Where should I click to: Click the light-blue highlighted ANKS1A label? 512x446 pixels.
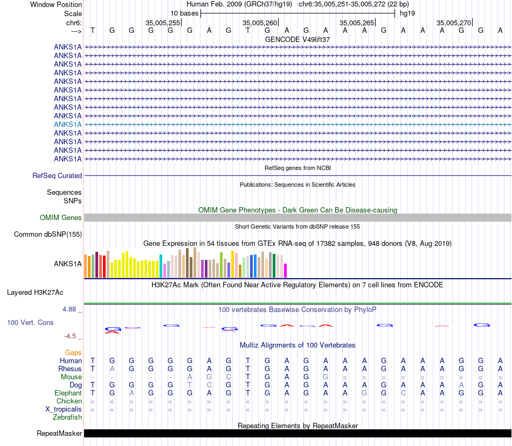click(x=68, y=124)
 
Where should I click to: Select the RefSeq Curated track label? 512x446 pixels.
click(x=57, y=175)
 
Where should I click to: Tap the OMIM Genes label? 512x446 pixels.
click(x=61, y=217)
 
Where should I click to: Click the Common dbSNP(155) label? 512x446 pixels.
click(x=48, y=234)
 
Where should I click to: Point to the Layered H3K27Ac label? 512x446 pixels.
click(x=35, y=293)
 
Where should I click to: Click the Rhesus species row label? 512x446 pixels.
click(x=70, y=369)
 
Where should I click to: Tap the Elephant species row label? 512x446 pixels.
click(x=68, y=393)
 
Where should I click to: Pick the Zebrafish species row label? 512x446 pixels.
click(x=67, y=417)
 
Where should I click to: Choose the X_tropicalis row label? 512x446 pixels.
click(x=64, y=409)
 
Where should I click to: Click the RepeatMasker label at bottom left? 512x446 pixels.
click(x=59, y=433)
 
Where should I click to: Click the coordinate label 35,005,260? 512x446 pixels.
click(x=260, y=23)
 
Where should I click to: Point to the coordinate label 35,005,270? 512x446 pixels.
click(x=454, y=23)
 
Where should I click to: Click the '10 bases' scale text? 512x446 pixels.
click(x=184, y=13)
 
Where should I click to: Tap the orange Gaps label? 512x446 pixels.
click(x=73, y=352)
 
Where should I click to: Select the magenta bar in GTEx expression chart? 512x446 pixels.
click(x=286, y=271)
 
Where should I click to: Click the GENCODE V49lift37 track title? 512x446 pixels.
click(x=297, y=39)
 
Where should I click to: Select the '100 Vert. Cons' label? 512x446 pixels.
click(x=30, y=322)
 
